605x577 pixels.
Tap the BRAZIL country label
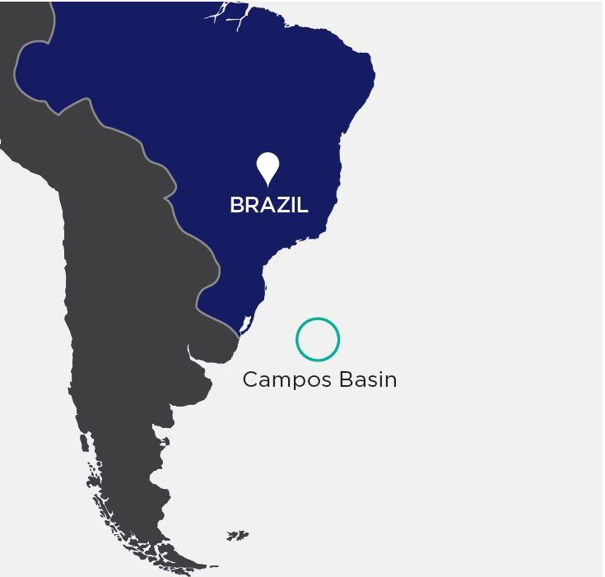[x=268, y=205]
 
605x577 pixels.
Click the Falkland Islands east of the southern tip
[x=238, y=536]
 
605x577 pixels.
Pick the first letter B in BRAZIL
[x=237, y=205]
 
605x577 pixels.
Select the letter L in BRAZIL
[x=303, y=205]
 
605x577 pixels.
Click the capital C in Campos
[x=249, y=379]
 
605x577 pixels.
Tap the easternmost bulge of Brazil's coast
[x=370, y=78]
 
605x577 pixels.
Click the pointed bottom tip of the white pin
[x=268, y=185]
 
